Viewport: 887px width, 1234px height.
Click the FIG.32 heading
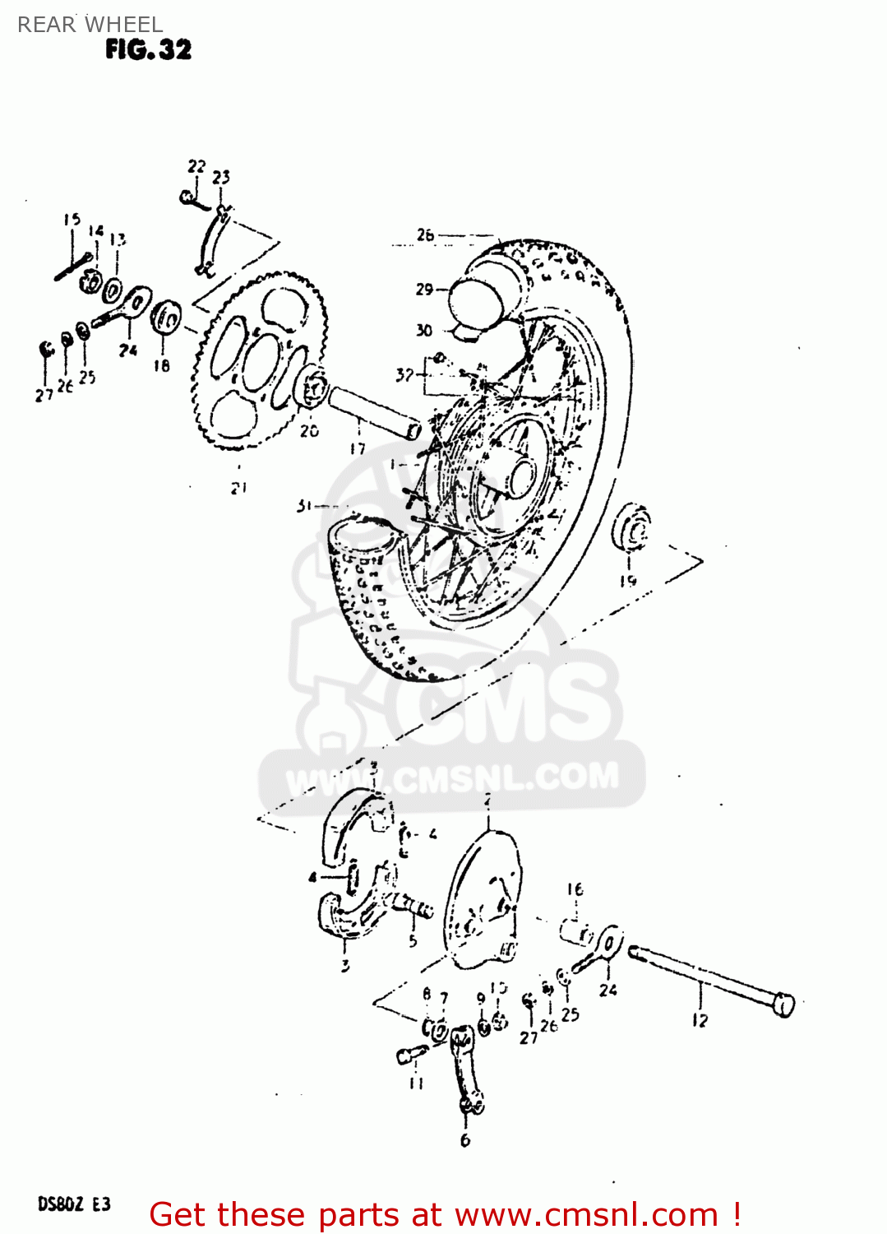pos(148,50)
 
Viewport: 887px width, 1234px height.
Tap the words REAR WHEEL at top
pos(90,25)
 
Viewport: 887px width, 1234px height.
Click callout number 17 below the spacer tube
pos(358,449)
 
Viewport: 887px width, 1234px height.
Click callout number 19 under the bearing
pos(628,581)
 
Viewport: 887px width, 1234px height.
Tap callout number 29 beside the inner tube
pos(424,289)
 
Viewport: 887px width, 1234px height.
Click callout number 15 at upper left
pos(72,220)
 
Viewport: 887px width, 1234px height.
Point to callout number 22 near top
pos(196,166)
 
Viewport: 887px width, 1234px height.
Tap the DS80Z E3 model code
pos(74,1204)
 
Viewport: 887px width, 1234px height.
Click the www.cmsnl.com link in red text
pos(586,1214)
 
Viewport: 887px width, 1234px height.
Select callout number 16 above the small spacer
pos(575,889)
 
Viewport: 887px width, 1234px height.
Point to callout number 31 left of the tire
pos(305,506)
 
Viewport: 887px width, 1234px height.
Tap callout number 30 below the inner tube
pos(423,330)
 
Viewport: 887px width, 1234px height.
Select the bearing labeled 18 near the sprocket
pos(167,318)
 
